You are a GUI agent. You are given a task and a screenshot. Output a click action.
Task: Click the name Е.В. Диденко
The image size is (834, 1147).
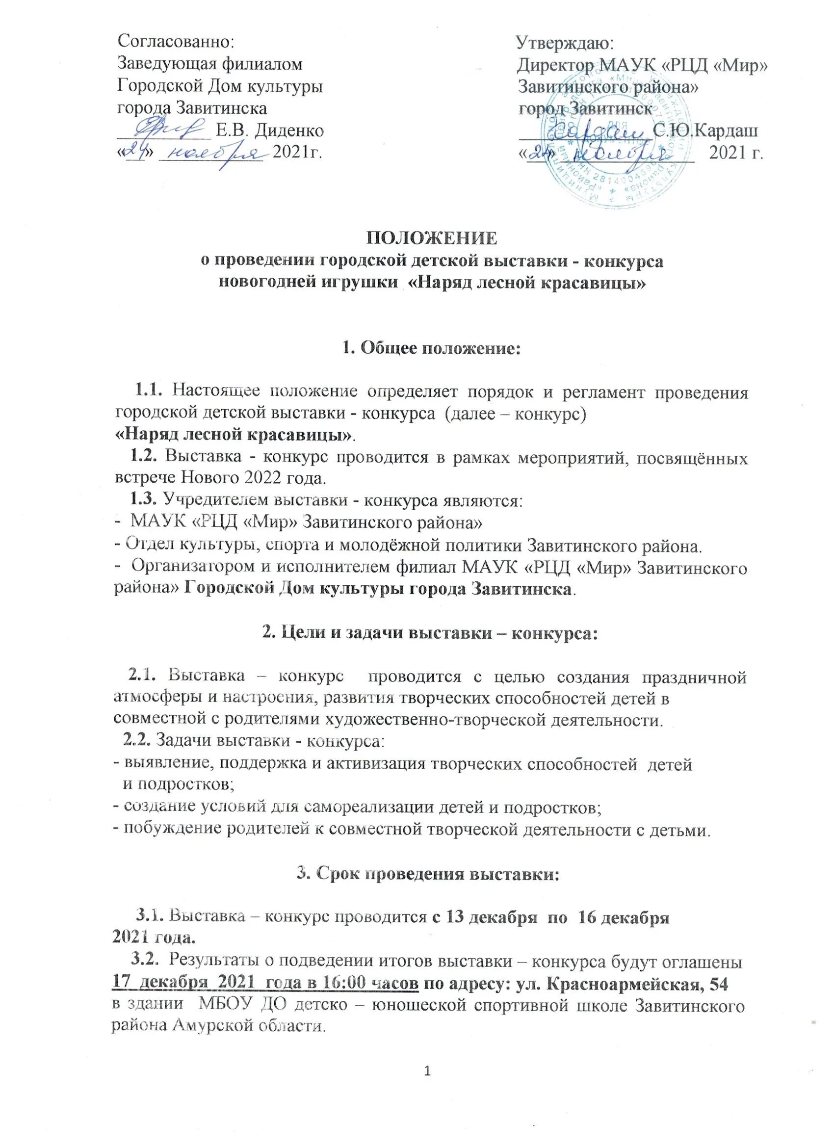tap(269, 131)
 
